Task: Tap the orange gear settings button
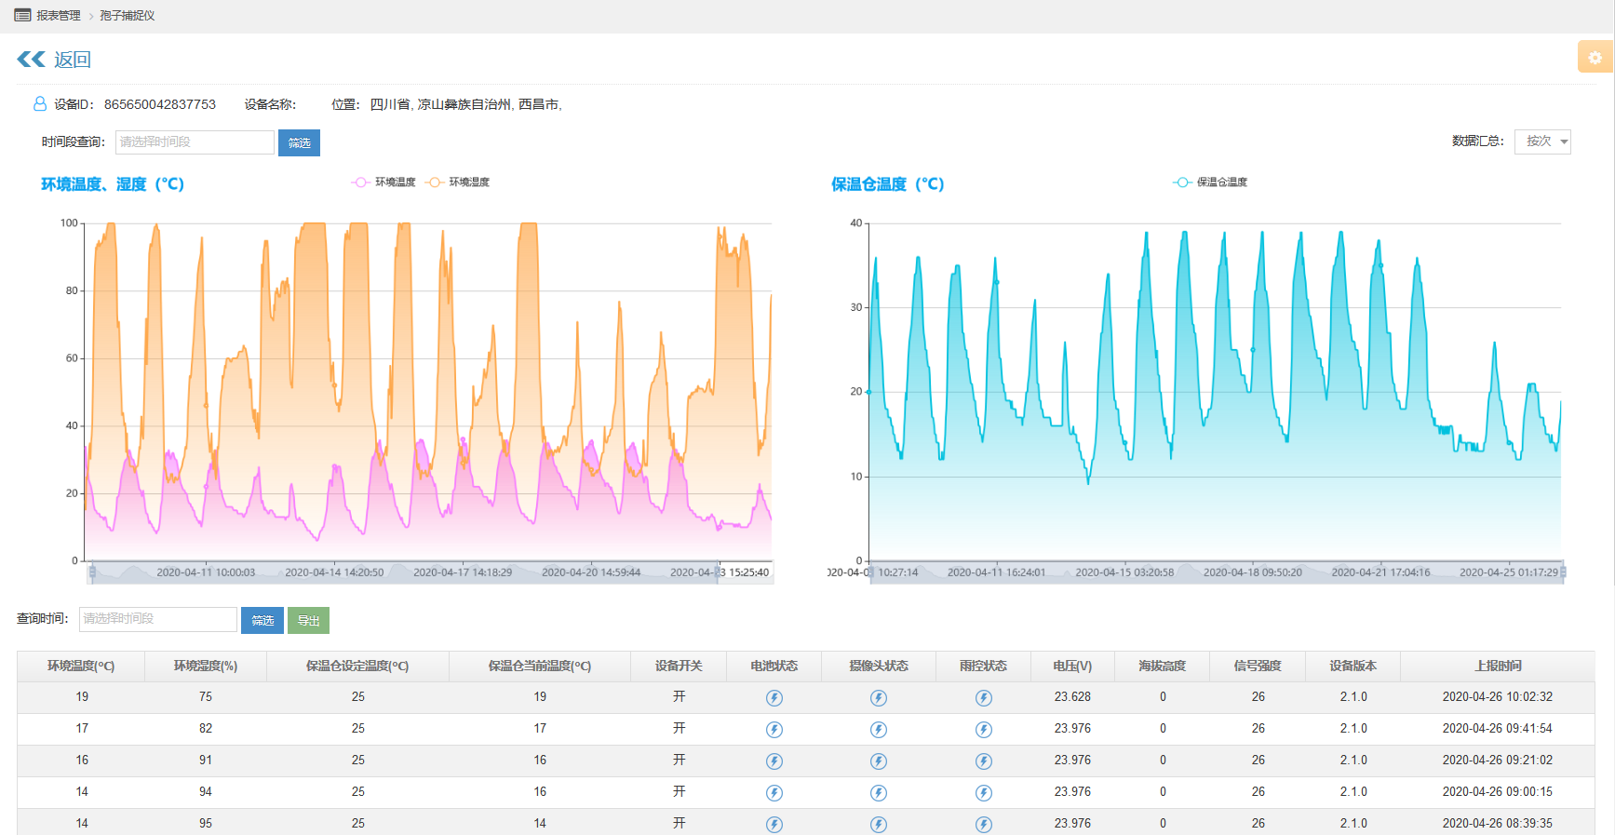click(x=1595, y=57)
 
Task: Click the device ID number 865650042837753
click(x=159, y=104)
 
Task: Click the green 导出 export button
click(x=308, y=620)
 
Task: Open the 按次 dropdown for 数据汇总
click(x=1542, y=141)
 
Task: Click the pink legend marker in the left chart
click(x=360, y=182)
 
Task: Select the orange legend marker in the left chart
click(x=434, y=182)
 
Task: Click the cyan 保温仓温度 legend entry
click(x=1210, y=182)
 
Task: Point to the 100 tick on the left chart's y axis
click(x=69, y=223)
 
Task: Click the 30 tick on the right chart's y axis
click(x=856, y=307)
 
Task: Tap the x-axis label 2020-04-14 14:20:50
click(x=334, y=572)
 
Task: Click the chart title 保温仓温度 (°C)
click(x=887, y=184)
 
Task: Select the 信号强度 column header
click(x=1257, y=666)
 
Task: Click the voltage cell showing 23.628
click(x=1072, y=696)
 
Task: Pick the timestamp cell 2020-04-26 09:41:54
click(x=1497, y=728)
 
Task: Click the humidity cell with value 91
click(x=206, y=760)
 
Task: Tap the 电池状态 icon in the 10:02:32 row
click(x=774, y=697)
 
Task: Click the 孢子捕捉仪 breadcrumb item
click(x=128, y=16)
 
